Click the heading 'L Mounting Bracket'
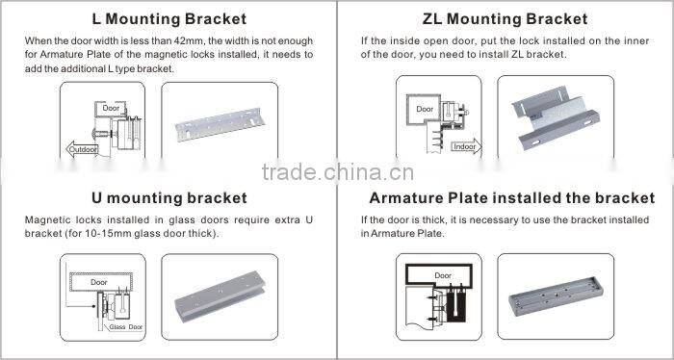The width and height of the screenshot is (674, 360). coord(168,19)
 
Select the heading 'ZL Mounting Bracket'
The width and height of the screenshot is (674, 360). coord(505,19)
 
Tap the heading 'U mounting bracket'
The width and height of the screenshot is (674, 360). coord(168,198)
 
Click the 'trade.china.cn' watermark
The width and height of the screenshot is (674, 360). coord(337,174)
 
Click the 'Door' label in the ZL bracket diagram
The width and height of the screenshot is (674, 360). coord(425,110)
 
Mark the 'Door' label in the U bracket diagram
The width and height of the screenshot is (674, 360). coord(99,282)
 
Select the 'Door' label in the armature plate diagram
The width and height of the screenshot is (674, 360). coord(442,275)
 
